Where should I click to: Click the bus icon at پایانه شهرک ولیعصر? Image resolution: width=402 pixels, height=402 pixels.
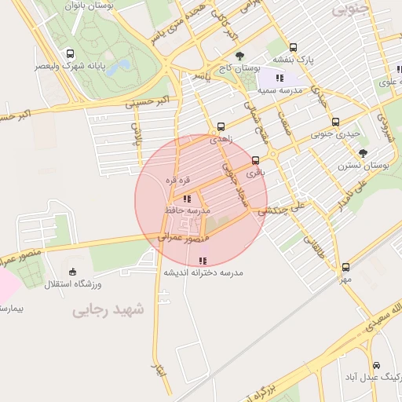[71, 54]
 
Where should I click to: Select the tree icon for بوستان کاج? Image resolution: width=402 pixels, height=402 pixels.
[240, 56]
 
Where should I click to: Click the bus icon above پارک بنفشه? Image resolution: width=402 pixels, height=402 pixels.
[293, 47]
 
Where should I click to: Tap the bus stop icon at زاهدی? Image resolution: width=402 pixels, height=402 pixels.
[221, 126]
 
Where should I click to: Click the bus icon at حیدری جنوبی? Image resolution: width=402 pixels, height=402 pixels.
[335, 122]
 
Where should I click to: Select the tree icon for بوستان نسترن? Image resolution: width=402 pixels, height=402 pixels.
[362, 153]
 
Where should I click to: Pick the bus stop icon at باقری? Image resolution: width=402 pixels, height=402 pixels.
[256, 159]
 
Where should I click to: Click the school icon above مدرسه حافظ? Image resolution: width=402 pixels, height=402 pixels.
[186, 199]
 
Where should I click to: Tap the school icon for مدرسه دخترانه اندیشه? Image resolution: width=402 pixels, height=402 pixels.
[203, 260]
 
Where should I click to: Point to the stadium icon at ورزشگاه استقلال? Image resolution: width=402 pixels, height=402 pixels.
[73, 272]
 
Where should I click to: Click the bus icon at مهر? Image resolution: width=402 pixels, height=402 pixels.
[345, 266]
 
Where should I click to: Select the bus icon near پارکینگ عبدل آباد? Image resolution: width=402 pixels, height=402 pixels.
[377, 365]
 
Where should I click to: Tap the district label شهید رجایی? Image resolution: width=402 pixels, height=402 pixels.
[109, 310]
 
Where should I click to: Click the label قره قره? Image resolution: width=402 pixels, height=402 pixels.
[177, 180]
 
